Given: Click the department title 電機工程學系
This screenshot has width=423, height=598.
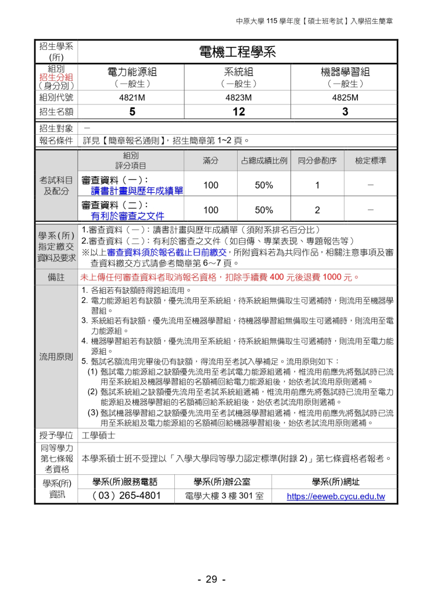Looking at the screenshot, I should point(237,52).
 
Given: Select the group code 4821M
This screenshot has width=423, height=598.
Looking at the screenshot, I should point(132,98).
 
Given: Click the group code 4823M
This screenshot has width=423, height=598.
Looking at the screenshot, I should point(238,98).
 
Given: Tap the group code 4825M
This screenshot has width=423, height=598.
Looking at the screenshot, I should point(345,98).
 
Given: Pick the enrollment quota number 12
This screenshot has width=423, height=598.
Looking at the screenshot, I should point(238,111).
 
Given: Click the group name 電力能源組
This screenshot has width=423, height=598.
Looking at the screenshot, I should point(132,72).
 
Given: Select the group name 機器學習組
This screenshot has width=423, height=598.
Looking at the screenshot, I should point(345,72).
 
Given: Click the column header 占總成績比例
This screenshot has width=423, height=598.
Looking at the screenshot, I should point(264,161).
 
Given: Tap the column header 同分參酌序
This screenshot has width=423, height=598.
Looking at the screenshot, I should point(317,161).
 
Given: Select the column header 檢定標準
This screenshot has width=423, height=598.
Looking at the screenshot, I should point(371,161).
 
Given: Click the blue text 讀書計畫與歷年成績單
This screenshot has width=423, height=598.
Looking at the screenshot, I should point(137,191).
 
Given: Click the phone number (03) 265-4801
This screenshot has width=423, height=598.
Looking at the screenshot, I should point(126,496).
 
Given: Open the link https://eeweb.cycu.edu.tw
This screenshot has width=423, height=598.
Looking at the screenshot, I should point(336,497).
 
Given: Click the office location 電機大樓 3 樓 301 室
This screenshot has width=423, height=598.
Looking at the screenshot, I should point(224,497).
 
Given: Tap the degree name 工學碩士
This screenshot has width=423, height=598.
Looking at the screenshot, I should point(99,435).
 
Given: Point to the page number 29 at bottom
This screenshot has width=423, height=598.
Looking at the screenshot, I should point(211,579).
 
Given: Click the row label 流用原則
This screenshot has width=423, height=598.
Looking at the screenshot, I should point(56,356).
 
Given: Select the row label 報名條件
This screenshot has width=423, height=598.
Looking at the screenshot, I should point(56,140).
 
